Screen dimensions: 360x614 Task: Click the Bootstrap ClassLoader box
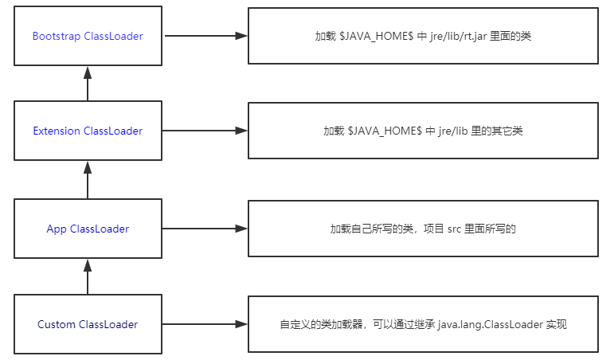(x=88, y=36)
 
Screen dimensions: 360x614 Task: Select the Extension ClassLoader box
(x=88, y=131)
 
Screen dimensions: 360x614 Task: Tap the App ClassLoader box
(x=88, y=229)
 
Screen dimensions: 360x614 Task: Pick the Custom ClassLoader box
(x=88, y=324)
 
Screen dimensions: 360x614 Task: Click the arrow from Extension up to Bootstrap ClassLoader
(x=88, y=83)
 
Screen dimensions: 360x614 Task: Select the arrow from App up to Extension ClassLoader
(x=88, y=178)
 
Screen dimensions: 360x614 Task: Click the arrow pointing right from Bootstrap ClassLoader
(x=205, y=36)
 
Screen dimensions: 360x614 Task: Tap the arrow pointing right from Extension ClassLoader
(x=205, y=131)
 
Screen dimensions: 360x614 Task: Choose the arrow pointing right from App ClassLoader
(x=205, y=229)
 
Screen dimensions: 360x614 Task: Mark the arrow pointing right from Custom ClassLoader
(x=205, y=324)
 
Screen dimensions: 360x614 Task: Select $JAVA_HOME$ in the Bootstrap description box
(x=375, y=37)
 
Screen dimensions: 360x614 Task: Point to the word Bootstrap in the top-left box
(x=57, y=37)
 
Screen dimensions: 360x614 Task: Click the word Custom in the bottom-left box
(x=57, y=325)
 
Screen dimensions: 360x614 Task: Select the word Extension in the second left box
(x=57, y=131)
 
